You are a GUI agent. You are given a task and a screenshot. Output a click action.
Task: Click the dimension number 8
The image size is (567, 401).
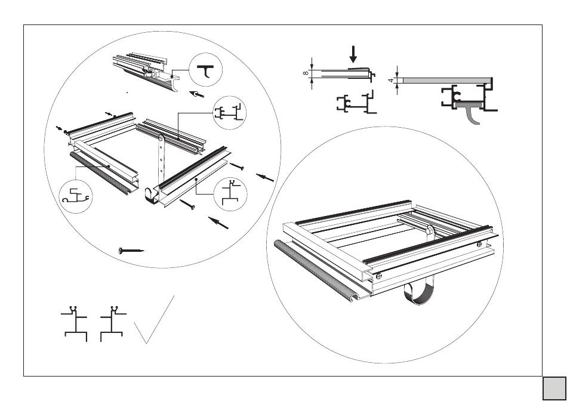point(306,73)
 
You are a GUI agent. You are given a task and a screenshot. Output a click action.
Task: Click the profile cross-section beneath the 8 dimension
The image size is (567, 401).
point(357,103)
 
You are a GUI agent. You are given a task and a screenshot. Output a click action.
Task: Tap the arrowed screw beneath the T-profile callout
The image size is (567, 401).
point(198,94)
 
